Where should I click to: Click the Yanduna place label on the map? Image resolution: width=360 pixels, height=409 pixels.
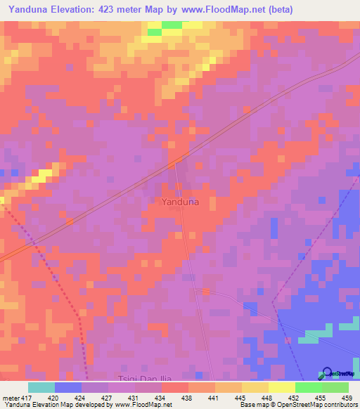pos(180,202)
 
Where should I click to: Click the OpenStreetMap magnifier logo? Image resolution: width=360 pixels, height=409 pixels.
pos(327,374)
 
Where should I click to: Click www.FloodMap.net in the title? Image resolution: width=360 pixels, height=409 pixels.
pos(219,9)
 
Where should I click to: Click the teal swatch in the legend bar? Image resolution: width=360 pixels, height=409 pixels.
pos(41,387)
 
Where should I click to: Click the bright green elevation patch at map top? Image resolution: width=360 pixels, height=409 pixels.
pos(172,25)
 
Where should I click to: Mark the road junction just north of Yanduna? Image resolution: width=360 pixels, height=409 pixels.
pos(174,164)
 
